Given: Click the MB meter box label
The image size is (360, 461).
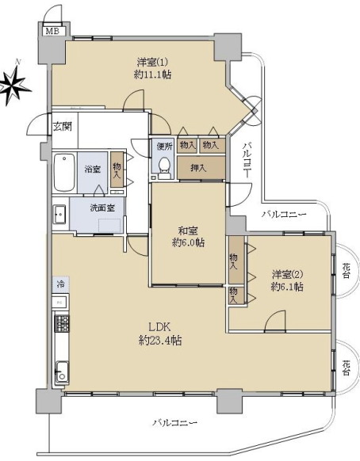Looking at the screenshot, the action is (x=52, y=31).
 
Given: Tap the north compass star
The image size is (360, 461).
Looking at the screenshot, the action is (x=15, y=84).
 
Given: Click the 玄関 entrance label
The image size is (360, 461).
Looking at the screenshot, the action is (x=63, y=127).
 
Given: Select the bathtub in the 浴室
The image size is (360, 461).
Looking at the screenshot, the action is (x=64, y=173).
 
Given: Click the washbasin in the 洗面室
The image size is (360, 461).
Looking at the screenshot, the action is (x=59, y=215).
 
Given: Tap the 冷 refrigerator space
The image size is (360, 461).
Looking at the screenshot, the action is (x=61, y=284).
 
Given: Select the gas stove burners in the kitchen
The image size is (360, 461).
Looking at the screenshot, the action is (x=62, y=323).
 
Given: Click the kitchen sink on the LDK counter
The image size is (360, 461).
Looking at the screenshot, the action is (x=63, y=372).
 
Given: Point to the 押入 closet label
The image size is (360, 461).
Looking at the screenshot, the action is (x=198, y=168).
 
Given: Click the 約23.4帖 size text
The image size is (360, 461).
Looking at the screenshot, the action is (x=160, y=341).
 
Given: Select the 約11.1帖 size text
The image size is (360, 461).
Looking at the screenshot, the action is (x=152, y=74).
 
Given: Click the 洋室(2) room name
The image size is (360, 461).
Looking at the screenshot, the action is (x=288, y=274).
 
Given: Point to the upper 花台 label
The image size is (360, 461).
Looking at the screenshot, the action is (x=347, y=271).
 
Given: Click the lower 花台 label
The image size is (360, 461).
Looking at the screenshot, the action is (x=347, y=368).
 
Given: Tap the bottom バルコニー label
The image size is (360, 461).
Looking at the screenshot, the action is (x=174, y=423).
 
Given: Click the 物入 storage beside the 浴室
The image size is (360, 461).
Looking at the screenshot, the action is (x=117, y=170).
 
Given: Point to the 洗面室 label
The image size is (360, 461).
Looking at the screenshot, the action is (x=102, y=208).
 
